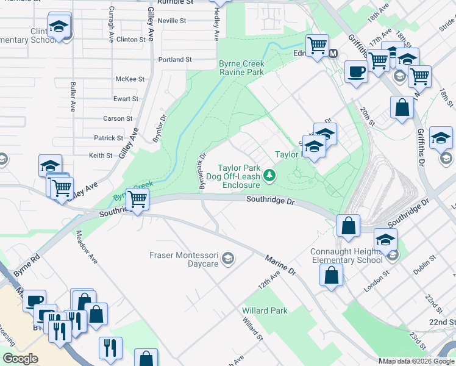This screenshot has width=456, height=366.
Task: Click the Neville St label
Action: (x=171, y=21)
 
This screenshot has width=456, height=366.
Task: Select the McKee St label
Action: (x=130, y=79)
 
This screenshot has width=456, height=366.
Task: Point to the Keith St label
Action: (x=101, y=156)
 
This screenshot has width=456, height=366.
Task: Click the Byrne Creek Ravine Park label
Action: (x=241, y=68)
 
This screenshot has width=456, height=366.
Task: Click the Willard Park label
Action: (x=265, y=310)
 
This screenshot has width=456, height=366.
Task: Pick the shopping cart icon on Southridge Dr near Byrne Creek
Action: (x=138, y=198)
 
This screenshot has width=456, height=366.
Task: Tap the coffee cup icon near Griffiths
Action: (x=355, y=71)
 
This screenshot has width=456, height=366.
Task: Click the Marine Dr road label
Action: (x=280, y=265)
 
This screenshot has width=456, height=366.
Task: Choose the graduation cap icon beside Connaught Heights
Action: (x=385, y=239)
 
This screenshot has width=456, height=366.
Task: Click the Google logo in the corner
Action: (x=20, y=359)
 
